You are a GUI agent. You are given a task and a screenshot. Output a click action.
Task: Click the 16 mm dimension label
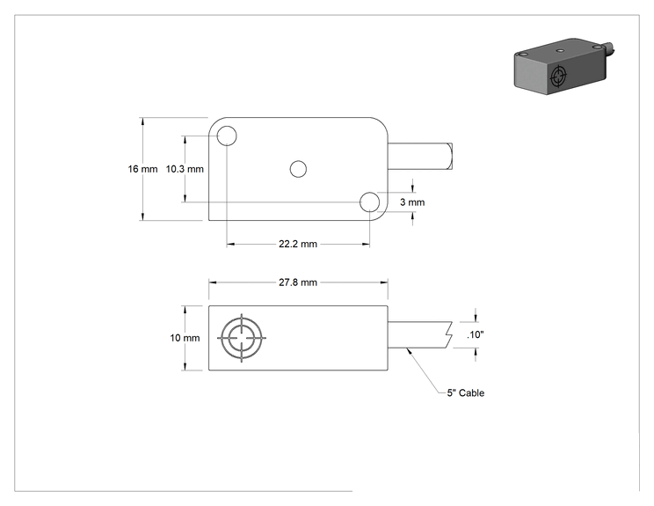(x=142, y=169)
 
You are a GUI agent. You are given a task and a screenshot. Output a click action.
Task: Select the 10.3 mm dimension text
(x=185, y=169)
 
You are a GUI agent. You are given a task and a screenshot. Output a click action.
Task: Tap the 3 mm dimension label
(x=412, y=202)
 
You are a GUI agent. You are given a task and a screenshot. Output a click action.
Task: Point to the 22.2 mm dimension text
(x=298, y=244)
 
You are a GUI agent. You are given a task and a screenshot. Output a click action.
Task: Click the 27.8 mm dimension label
(x=298, y=282)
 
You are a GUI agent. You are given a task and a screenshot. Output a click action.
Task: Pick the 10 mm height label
(x=185, y=338)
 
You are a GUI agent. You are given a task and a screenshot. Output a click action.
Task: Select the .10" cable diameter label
(x=475, y=334)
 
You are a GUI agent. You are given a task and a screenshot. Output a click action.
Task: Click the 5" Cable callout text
(x=466, y=392)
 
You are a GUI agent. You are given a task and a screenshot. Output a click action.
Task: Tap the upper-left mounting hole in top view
(x=227, y=136)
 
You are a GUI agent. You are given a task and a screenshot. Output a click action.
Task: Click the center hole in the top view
(x=298, y=169)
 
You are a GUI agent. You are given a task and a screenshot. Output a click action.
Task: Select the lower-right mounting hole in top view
(x=369, y=202)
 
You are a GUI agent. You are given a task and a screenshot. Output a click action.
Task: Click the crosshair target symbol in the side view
(x=242, y=338)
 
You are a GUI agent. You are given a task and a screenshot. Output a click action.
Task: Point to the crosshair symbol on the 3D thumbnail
(x=558, y=77)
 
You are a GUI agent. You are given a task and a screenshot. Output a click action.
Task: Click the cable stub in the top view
(x=420, y=156)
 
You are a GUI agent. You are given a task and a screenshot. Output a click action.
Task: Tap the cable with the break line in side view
(x=420, y=334)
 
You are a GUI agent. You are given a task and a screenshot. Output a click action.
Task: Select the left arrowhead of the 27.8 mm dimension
(x=213, y=282)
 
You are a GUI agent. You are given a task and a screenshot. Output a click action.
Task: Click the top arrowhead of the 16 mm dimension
(x=142, y=121)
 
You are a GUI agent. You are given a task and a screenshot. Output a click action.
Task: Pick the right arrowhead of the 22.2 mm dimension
(x=366, y=244)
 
